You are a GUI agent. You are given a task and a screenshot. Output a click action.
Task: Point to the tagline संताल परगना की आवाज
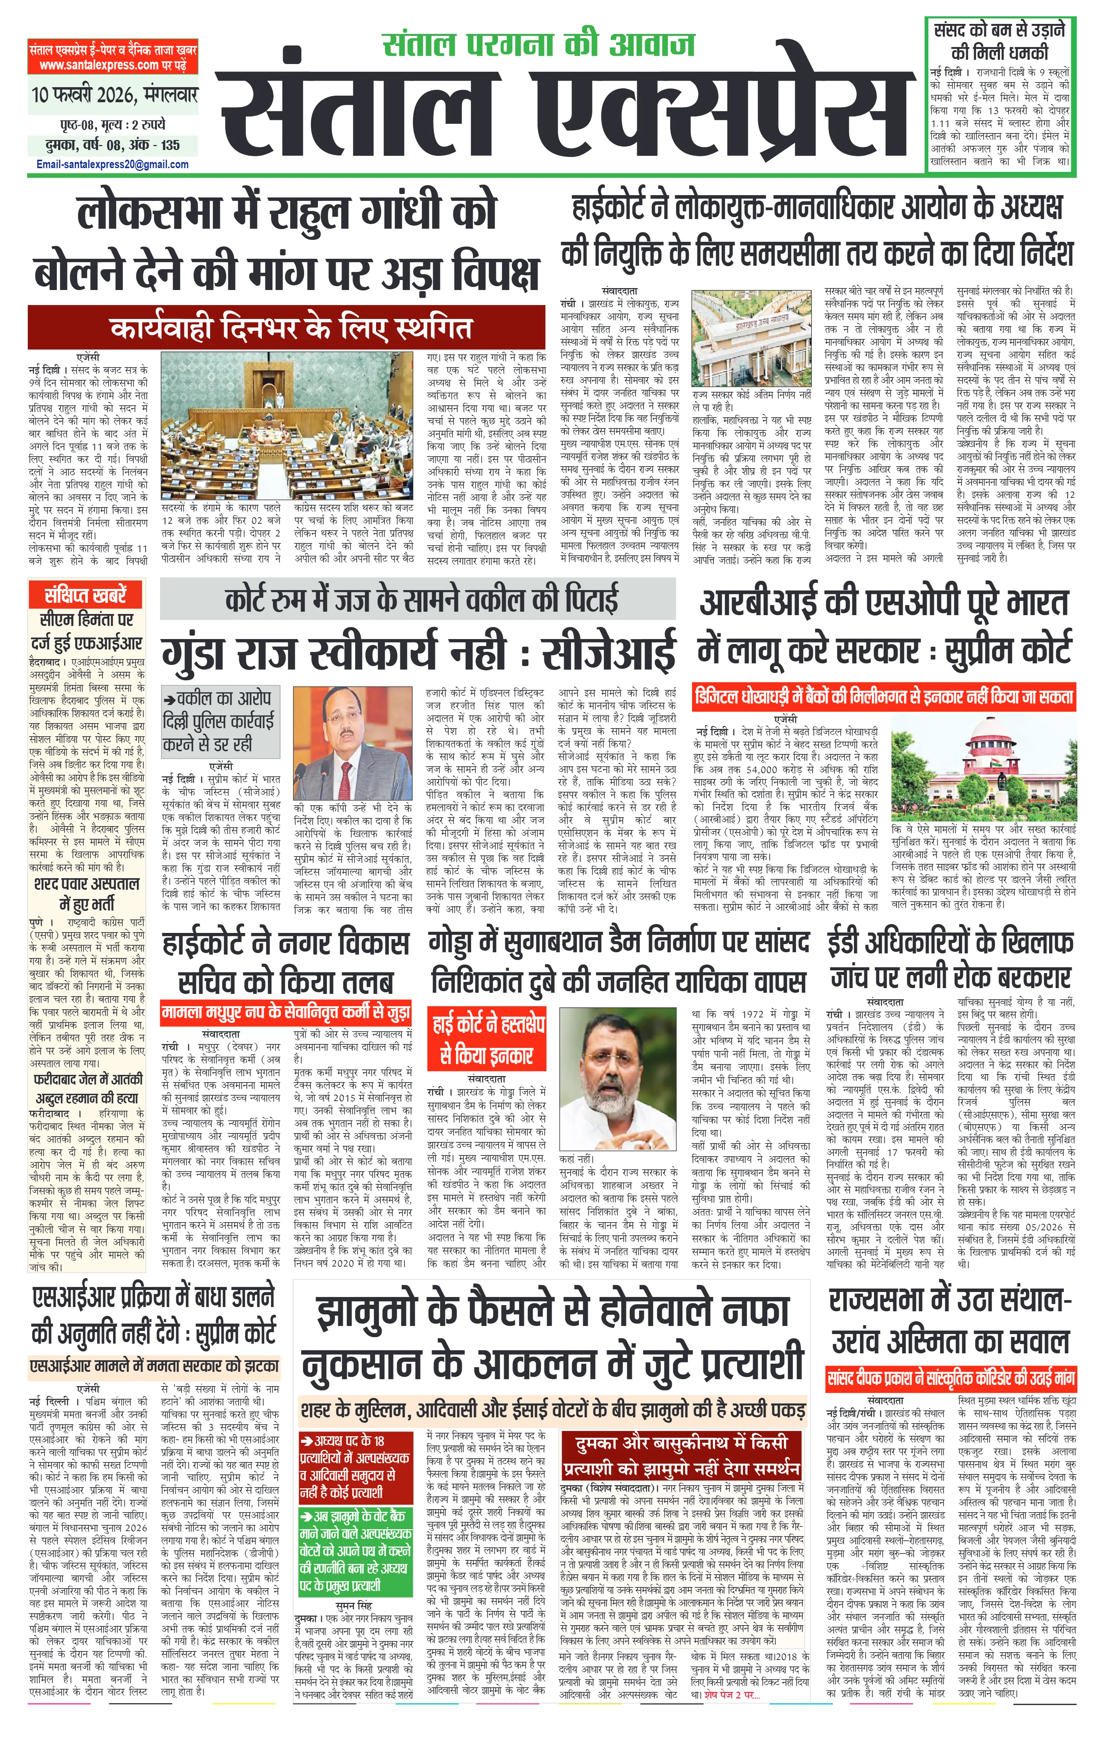pos(538,45)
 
